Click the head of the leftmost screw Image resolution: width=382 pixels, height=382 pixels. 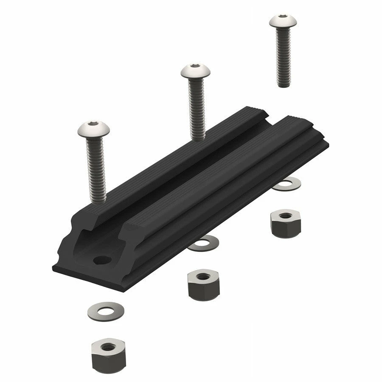[94, 129]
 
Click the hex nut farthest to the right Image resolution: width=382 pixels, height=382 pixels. [285, 224]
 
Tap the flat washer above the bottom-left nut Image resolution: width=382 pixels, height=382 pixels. [107, 310]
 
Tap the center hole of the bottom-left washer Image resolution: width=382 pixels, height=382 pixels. [106, 309]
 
